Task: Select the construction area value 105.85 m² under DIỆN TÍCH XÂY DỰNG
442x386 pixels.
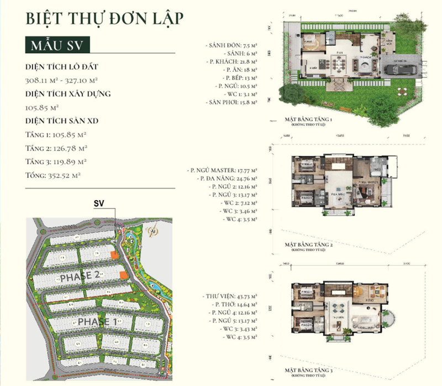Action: pos(42,107)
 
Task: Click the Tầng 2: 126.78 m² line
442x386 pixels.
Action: pos(56,148)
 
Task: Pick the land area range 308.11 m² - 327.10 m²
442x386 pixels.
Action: pos(61,80)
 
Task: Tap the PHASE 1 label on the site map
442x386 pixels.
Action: pos(97,321)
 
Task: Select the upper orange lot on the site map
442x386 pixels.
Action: pos(113,255)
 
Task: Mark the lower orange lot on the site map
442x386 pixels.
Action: pos(123,275)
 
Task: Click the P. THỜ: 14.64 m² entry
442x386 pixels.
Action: pos(234,305)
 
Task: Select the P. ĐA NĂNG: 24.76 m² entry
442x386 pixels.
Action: pos(227,178)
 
